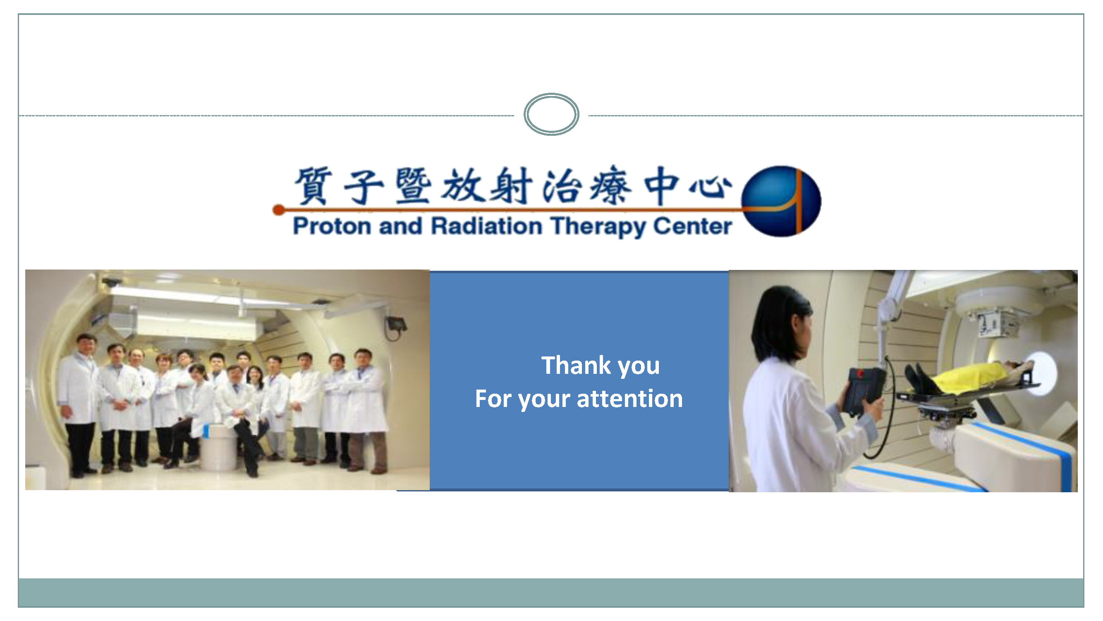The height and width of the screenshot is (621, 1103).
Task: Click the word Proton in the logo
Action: (x=332, y=226)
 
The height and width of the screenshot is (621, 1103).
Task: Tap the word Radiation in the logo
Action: (x=486, y=226)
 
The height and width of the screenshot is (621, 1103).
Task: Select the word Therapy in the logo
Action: (x=598, y=227)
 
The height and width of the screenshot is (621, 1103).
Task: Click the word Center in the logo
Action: (x=692, y=226)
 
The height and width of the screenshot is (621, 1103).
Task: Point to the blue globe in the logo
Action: (x=781, y=201)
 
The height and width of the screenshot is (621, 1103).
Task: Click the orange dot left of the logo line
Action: (x=279, y=209)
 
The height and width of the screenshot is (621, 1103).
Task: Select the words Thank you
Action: (x=601, y=366)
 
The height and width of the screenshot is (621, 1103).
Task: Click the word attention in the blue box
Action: (x=630, y=399)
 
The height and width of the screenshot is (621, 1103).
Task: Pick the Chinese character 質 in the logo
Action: (x=313, y=185)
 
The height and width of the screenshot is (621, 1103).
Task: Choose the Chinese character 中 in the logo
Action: (x=662, y=185)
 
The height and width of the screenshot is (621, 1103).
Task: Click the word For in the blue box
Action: (x=493, y=399)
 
